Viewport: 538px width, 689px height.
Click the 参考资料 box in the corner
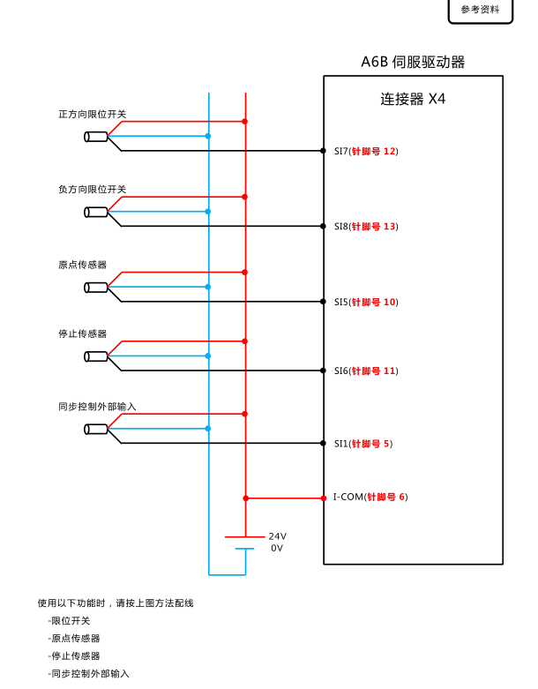pyautogui.click(x=480, y=10)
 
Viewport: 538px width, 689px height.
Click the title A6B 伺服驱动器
pyautogui.click(x=413, y=62)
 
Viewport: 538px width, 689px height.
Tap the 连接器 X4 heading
pyautogui.click(x=413, y=99)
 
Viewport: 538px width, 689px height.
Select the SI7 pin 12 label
pyautogui.click(x=366, y=151)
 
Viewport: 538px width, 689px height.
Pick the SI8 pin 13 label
pyautogui.click(x=366, y=227)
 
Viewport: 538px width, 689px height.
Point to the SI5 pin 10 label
pyautogui.click(x=366, y=302)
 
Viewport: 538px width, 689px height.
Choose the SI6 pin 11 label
pyautogui.click(x=366, y=371)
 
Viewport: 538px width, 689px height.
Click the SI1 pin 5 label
pyautogui.click(x=362, y=443)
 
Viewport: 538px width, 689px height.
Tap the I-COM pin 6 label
pyautogui.click(x=370, y=497)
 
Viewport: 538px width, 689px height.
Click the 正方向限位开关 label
pyautogui.click(x=93, y=115)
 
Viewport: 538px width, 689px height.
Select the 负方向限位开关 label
pyautogui.click(x=93, y=190)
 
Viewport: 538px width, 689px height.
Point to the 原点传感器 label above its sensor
pyautogui.click(x=82, y=265)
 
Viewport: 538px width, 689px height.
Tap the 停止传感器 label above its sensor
pyautogui.click(x=82, y=333)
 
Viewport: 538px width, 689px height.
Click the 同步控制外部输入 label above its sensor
pyautogui.click(x=97, y=407)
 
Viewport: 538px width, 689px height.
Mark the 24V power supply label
pyautogui.click(x=277, y=536)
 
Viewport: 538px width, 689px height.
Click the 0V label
pyautogui.click(x=277, y=548)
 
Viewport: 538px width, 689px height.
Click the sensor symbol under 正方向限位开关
pyautogui.click(x=96, y=136)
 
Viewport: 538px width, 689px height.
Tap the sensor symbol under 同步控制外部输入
pyautogui.click(x=96, y=429)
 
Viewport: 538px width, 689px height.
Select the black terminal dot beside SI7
pyautogui.click(x=323, y=151)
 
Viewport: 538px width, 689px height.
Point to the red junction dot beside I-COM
pyautogui.click(x=246, y=498)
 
